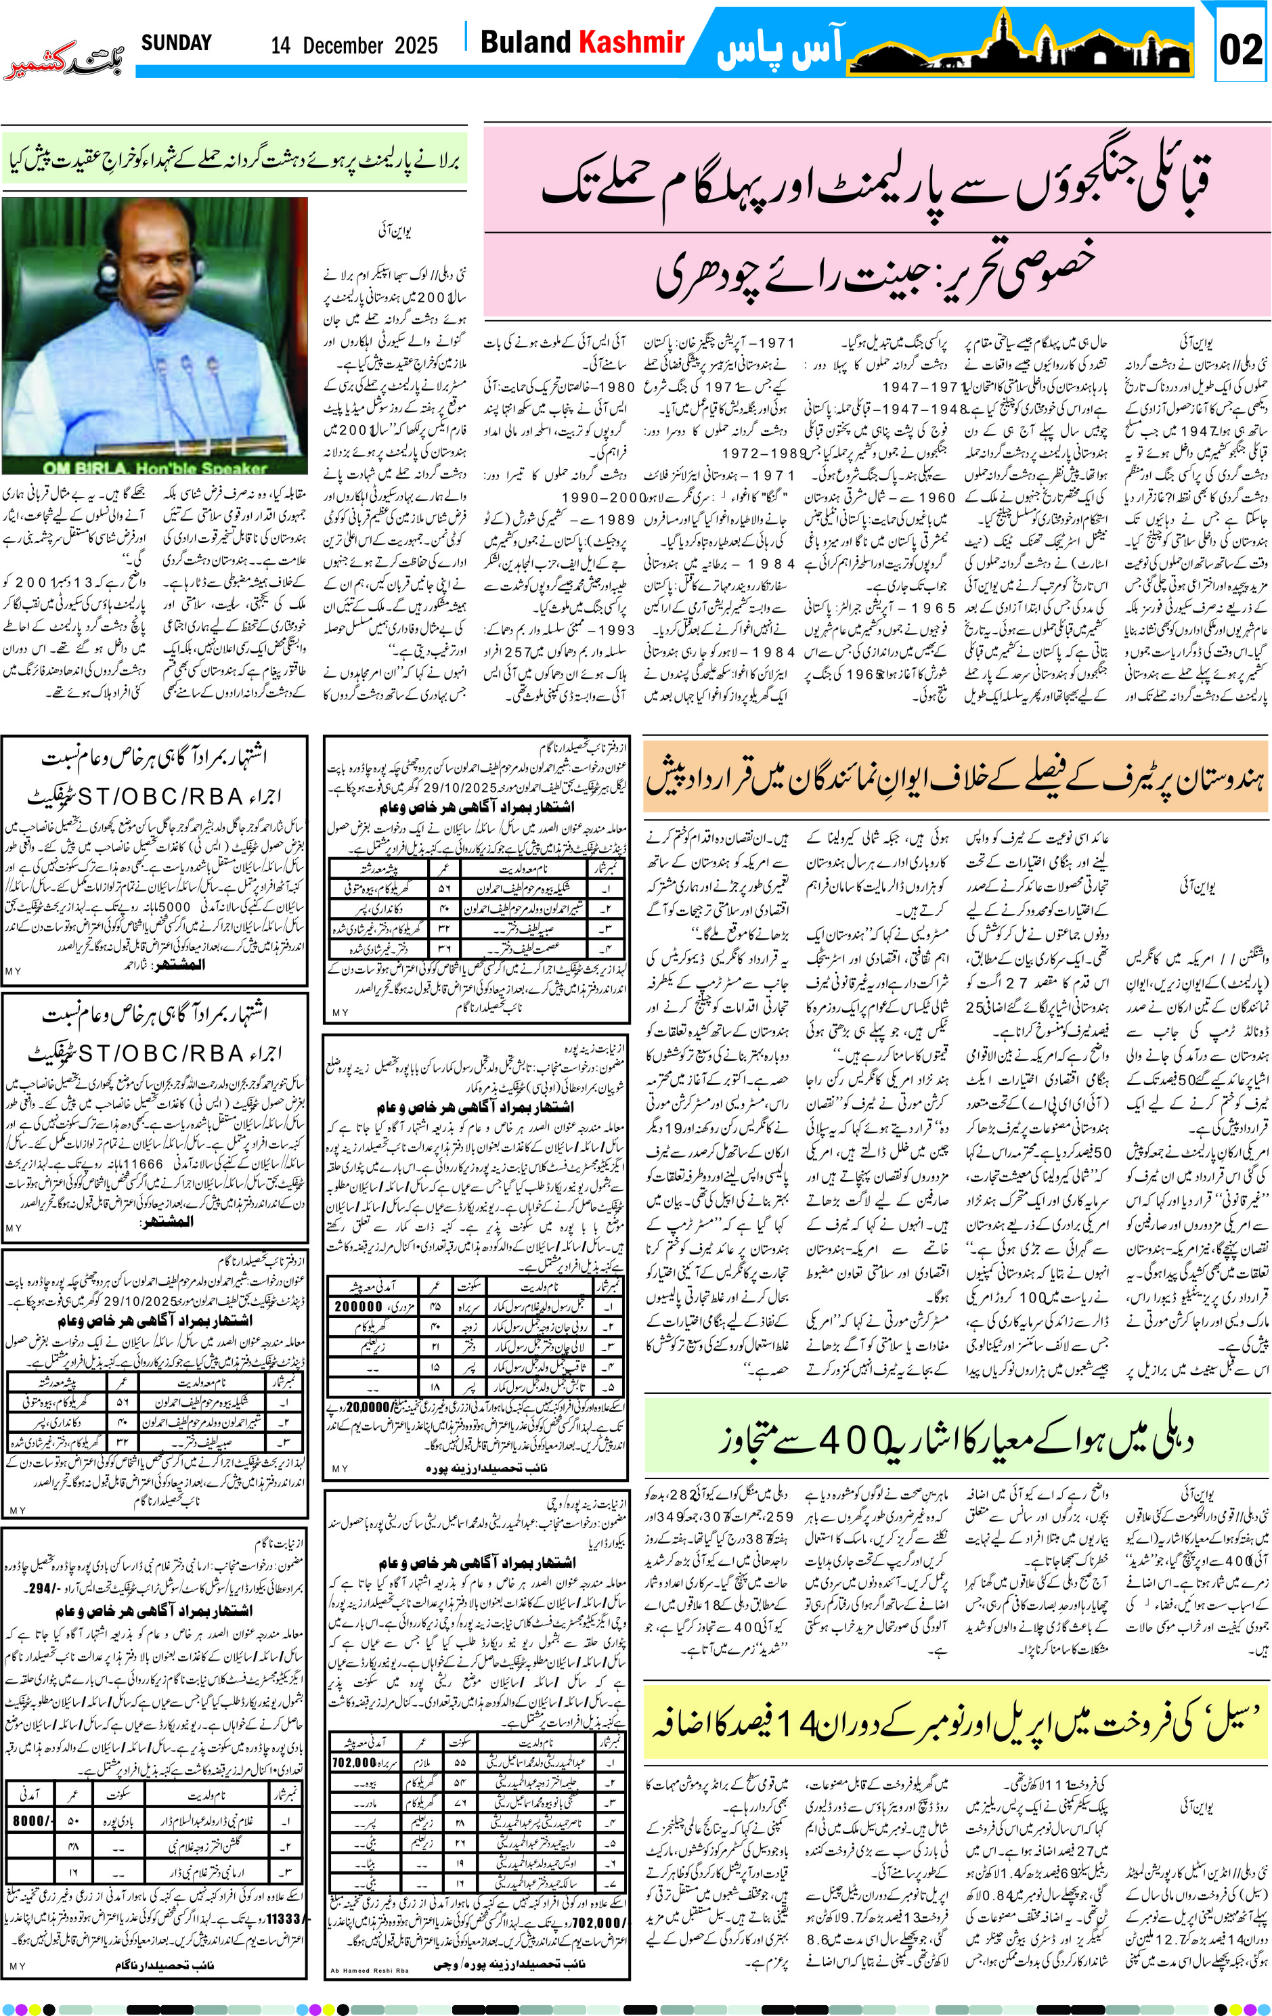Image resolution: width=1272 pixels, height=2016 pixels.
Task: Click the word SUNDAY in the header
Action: [x=176, y=43]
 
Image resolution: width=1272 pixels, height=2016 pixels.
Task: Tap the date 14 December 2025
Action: [x=353, y=45]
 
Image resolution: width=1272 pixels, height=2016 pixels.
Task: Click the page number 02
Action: [x=1240, y=49]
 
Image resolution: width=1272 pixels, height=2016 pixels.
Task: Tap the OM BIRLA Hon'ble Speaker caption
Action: [x=155, y=468]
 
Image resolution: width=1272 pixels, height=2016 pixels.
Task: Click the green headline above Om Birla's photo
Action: [x=234, y=159]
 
